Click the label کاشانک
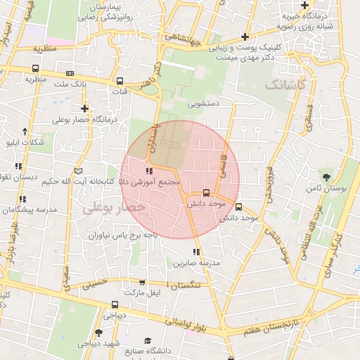tap(286, 84)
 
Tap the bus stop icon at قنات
tap(120, 80)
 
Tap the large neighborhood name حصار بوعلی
tap(113, 207)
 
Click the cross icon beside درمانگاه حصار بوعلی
tap(85, 108)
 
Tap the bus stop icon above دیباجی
tap(115, 304)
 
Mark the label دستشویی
tap(203, 103)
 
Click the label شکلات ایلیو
tap(23, 143)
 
